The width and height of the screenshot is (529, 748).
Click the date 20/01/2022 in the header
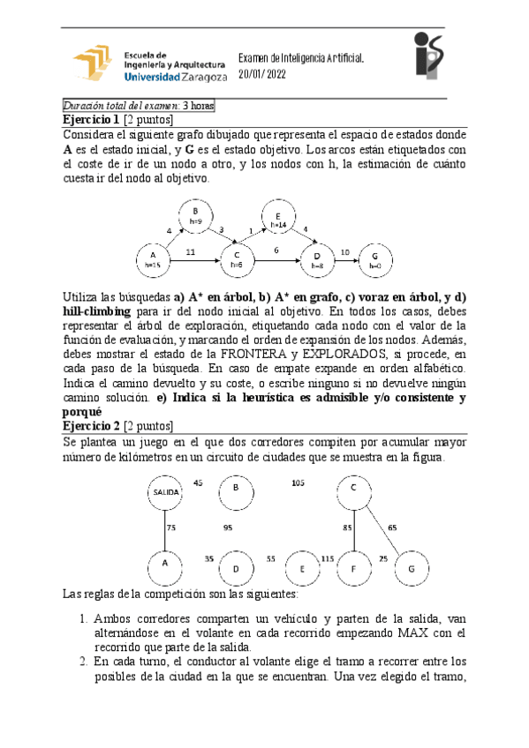[x=265, y=75]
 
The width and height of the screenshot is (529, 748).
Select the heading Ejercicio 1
[x=90, y=118]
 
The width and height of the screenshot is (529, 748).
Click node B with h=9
[x=194, y=217]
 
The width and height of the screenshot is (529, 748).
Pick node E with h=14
[x=276, y=220]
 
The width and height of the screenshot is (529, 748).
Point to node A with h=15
[x=153, y=258]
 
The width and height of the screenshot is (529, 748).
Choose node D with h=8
[x=317, y=258]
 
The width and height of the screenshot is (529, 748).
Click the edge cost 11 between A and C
[x=190, y=251]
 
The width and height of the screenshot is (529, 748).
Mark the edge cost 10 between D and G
[x=344, y=251]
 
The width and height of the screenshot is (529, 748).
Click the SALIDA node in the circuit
[x=165, y=491]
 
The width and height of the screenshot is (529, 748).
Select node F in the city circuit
[x=353, y=568]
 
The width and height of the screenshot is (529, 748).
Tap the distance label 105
[x=298, y=483]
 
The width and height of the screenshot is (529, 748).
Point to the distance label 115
[x=327, y=559]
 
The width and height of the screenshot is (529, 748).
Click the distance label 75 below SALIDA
[x=171, y=527]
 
